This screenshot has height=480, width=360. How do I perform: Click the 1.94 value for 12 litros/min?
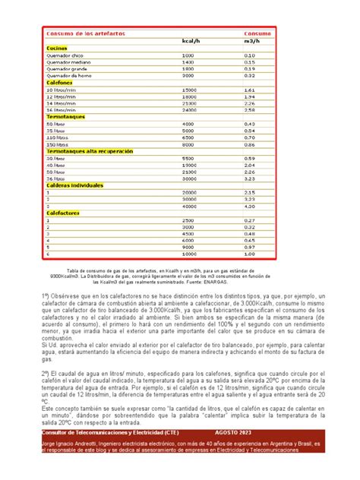(250, 96)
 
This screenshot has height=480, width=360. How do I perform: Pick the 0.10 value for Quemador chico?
(250, 55)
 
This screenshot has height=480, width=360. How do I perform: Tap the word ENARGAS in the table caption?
(264, 283)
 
